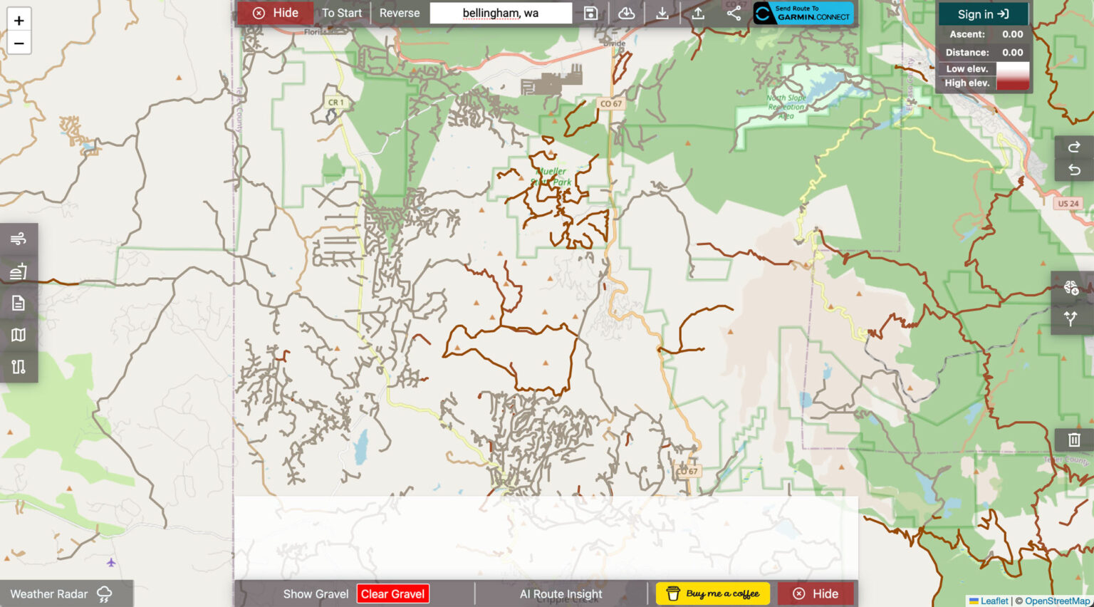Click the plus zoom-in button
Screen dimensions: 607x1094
pyautogui.click(x=19, y=20)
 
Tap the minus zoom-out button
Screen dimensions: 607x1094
pyautogui.click(x=19, y=43)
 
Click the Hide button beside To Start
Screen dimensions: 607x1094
pyautogui.click(x=276, y=13)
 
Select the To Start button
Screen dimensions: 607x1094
pyautogui.click(x=342, y=13)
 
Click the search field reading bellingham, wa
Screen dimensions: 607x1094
pyautogui.click(x=501, y=13)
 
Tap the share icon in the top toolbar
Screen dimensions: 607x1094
pyautogui.click(x=734, y=13)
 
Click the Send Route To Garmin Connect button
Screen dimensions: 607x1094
pyautogui.click(x=803, y=13)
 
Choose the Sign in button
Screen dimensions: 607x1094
pyautogui.click(x=983, y=14)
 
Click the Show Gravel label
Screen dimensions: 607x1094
pyautogui.click(x=316, y=594)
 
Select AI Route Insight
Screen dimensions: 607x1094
pyautogui.click(x=561, y=594)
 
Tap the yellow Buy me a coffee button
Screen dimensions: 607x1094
pyautogui.click(x=712, y=593)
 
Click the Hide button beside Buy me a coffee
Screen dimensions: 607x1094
pyautogui.click(x=816, y=593)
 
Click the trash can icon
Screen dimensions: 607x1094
pyautogui.click(x=1074, y=440)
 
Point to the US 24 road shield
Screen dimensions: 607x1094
pyautogui.click(x=1068, y=204)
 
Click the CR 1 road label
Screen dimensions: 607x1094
pyautogui.click(x=335, y=103)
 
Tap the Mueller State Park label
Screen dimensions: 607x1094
pyautogui.click(x=552, y=177)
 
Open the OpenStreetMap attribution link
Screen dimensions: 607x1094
pyautogui.click(x=1057, y=601)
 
